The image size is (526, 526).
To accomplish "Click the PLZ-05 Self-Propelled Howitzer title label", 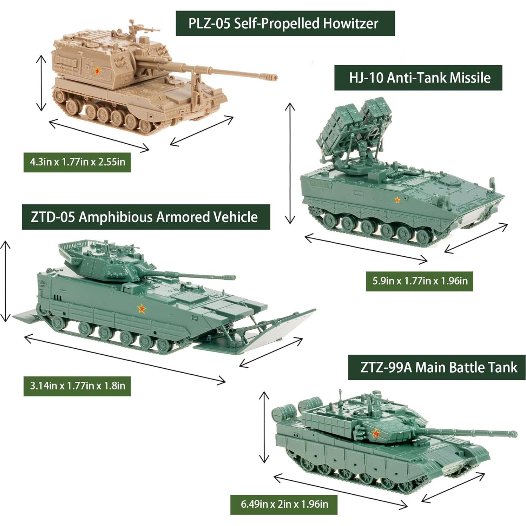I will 285,24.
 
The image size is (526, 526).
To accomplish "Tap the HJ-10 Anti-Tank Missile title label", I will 418,78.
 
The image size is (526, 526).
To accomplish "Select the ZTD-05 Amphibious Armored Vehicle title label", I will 146,217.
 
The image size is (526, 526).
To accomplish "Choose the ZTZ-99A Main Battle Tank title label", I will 436,367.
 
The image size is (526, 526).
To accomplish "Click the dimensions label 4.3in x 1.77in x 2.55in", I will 77,162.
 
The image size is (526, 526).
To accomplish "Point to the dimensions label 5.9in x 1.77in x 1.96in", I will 419,281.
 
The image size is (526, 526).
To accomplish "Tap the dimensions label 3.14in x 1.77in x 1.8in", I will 77,386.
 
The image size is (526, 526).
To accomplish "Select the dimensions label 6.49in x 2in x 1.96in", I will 284,505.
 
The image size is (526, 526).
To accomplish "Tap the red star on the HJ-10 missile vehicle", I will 397,200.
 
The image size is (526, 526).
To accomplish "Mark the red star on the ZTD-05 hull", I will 142,309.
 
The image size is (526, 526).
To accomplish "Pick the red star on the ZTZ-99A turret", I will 376,434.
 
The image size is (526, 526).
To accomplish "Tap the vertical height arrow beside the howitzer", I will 41,83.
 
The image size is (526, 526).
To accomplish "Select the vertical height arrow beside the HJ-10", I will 290,163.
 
